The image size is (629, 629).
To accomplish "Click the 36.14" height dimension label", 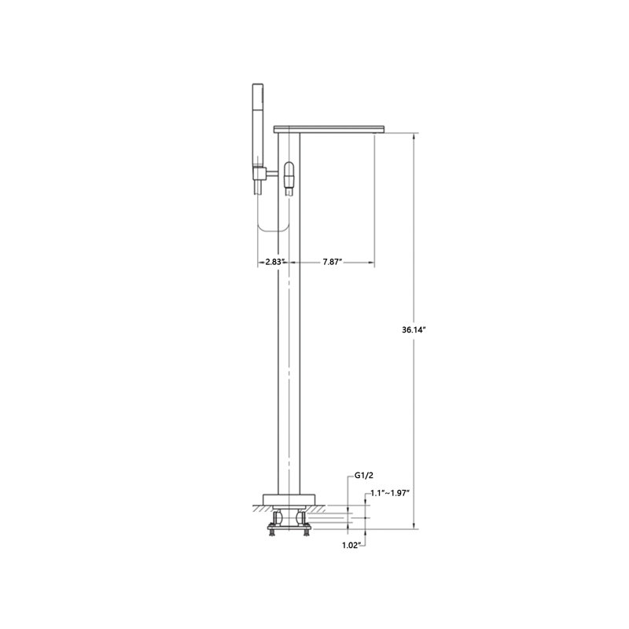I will [x=413, y=332].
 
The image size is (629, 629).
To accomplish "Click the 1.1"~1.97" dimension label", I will [x=391, y=492].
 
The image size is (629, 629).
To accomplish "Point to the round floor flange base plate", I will [x=289, y=498].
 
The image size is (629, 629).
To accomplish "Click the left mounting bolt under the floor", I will [x=272, y=530].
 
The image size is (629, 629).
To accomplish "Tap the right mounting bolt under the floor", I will [x=307, y=530].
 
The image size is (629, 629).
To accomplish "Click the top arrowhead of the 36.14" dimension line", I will [x=414, y=136].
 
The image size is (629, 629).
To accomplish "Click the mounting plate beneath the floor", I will [x=289, y=523].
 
